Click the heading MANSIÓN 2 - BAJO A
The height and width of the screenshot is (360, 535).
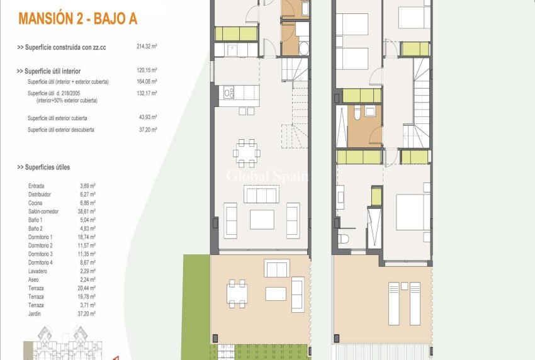click(x=78, y=18)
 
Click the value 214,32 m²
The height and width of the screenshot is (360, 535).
click(x=147, y=47)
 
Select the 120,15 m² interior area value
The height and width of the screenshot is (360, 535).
click(x=147, y=71)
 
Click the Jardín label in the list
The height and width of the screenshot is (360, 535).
click(x=35, y=313)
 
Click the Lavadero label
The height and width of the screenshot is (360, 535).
click(x=38, y=271)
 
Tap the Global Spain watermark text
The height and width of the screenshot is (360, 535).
click(x=267, y=176)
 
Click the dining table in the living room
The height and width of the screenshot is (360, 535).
click(x=247, y=152)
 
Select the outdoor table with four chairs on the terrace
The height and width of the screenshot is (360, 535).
click(x=237, y=293)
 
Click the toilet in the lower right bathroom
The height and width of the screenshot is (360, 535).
click(x=344, y=240)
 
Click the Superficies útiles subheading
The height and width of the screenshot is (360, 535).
click(x=43, y=167)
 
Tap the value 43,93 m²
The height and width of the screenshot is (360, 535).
click(x=147, y=118)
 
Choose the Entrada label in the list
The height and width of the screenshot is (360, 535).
click(x=37, y=186)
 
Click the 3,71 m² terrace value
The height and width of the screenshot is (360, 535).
click(x=87, y=305)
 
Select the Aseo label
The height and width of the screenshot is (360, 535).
click(x=34, y=279)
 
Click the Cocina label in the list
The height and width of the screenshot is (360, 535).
click(x=36, y=203)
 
